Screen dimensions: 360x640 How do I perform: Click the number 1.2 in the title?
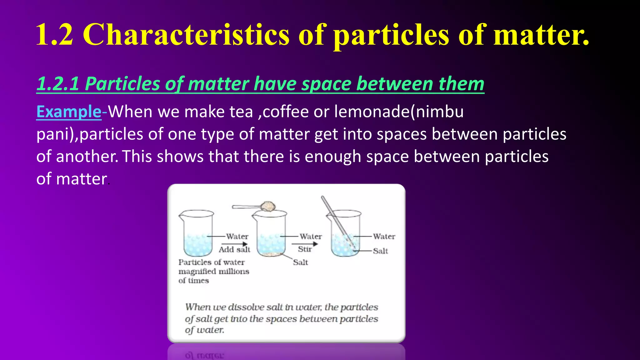55,35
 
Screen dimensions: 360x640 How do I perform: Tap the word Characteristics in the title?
186,35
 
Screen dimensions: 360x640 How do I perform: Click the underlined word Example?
69,112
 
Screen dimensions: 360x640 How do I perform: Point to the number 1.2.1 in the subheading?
58,84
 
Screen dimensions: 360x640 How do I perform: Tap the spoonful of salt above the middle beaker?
268,207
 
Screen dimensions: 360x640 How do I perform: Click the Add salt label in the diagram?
234,250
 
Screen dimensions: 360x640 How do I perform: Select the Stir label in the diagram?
305,249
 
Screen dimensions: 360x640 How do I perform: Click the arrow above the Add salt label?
234,244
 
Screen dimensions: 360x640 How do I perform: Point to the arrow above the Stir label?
305,244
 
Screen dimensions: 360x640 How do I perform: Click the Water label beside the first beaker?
237,237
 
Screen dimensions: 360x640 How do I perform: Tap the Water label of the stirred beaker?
384,237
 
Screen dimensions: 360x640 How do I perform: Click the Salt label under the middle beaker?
300,262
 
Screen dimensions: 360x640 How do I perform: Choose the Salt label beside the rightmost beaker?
380,251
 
